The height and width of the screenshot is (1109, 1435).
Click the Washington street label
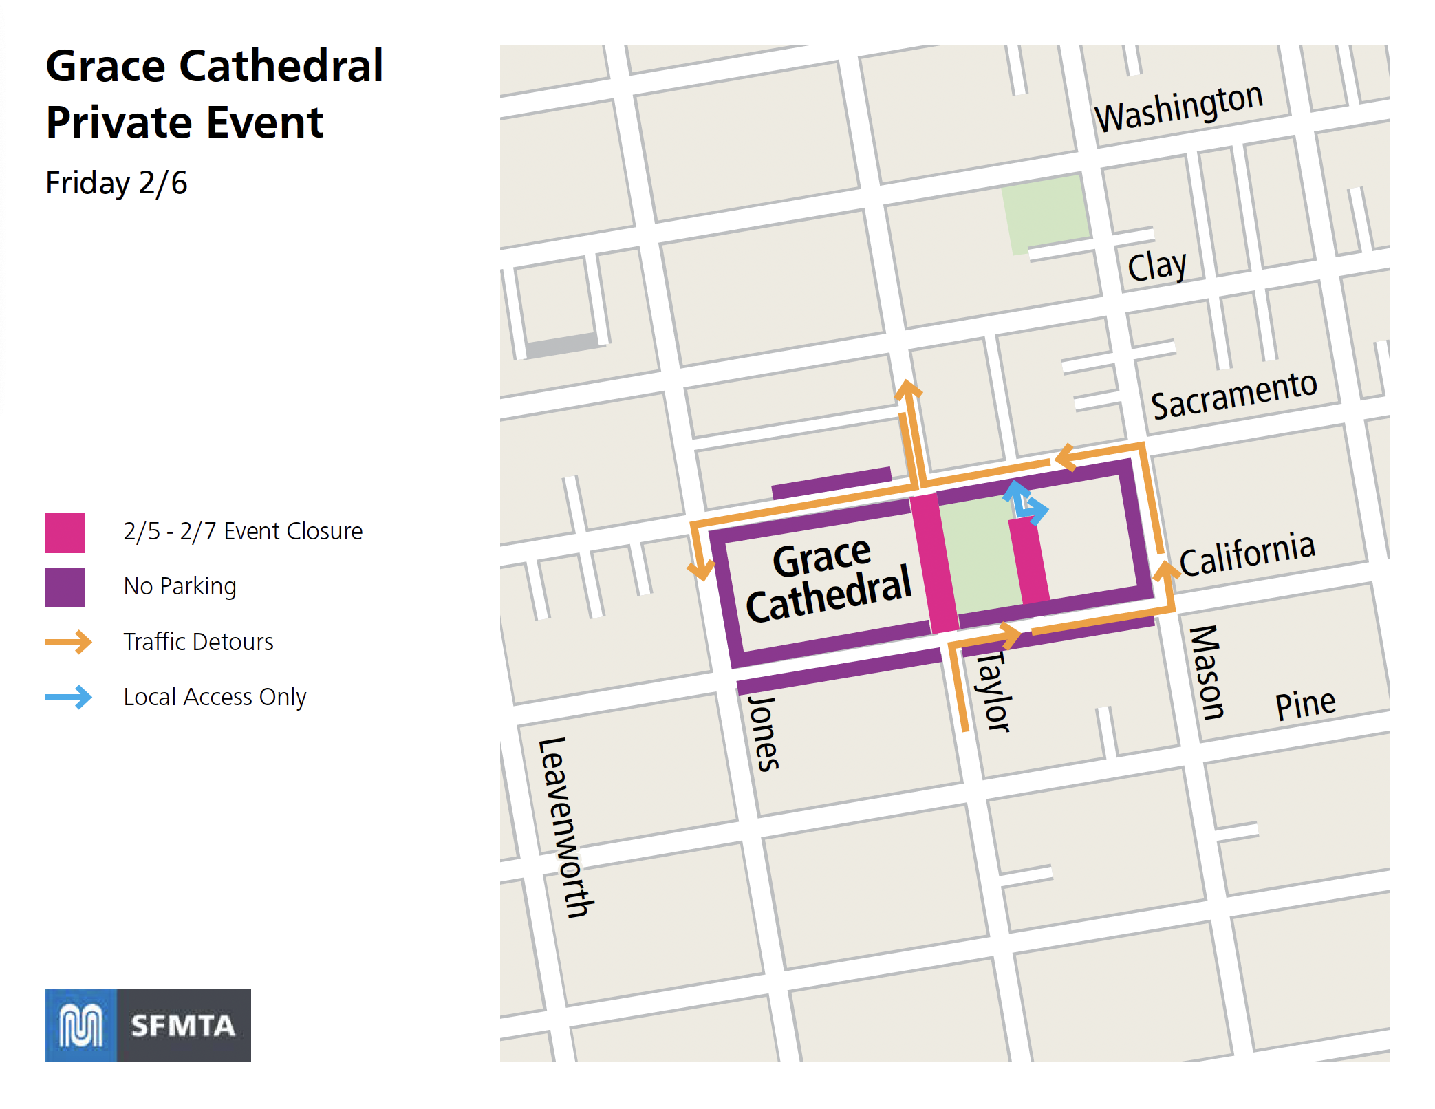[1178, 108]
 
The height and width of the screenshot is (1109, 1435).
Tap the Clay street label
[1156, 266]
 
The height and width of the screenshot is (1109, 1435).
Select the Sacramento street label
[1233, 395]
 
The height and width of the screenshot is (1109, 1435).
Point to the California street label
[1247, 554]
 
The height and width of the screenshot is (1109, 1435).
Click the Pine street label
[1305, 704]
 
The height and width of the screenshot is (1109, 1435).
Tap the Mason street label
[1207, 672]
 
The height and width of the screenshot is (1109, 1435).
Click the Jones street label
[764, 733]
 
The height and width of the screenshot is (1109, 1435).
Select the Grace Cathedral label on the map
[828, 581]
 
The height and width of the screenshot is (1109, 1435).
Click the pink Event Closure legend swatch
[65, 532]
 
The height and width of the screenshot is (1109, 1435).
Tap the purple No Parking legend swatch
[65, 587]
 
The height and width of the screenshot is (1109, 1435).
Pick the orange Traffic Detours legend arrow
[68, 642]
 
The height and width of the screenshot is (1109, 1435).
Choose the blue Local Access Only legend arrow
[68, 697]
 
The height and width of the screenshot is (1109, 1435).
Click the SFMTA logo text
[183, 1026]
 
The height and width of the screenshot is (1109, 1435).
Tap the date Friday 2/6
[116, 183]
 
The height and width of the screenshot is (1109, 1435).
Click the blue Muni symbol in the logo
[81, 1025]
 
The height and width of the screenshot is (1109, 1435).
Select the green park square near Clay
[1044, 212]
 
